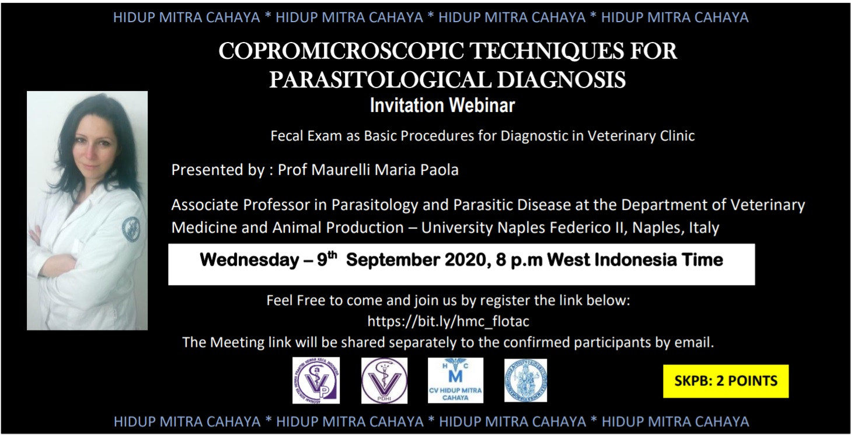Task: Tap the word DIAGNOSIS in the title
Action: [561, 80]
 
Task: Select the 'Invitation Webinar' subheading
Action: [442, 105]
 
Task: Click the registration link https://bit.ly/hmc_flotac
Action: [448, 321]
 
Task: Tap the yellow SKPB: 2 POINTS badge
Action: [726, 381]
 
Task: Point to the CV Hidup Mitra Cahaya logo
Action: [455, 380]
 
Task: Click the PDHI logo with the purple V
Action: [384, 380]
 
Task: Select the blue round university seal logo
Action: [526, 380]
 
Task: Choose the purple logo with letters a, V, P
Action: [316, 380]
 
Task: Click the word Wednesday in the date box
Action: [250, 261]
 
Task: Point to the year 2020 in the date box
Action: [466, 261]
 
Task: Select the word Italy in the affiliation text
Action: [704, 228]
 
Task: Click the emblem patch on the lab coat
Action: [130, 229]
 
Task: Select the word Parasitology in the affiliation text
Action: [375, 205]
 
